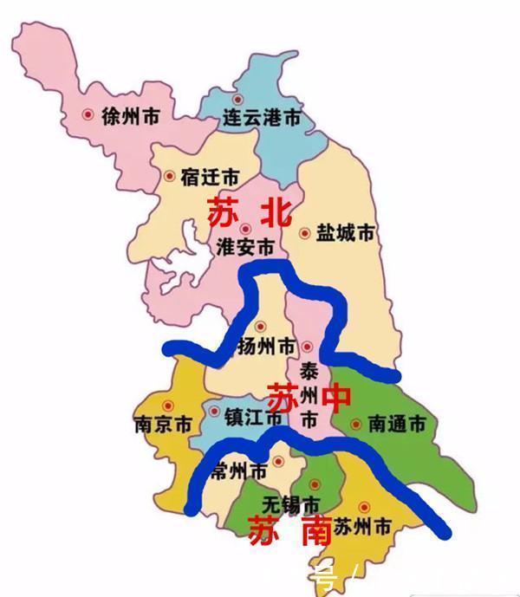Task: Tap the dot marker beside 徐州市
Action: [88, 114]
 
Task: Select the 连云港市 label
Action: [262, 117]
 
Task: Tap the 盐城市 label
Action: [346, 233]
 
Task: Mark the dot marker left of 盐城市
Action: [304, 232]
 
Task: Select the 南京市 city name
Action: [162, 425]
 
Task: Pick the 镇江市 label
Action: [253, 417]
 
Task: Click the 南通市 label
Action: [397, 425]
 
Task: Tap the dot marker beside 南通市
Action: [356, 425]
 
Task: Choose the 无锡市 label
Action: [291, 504]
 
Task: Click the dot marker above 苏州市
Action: [364, 506]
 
